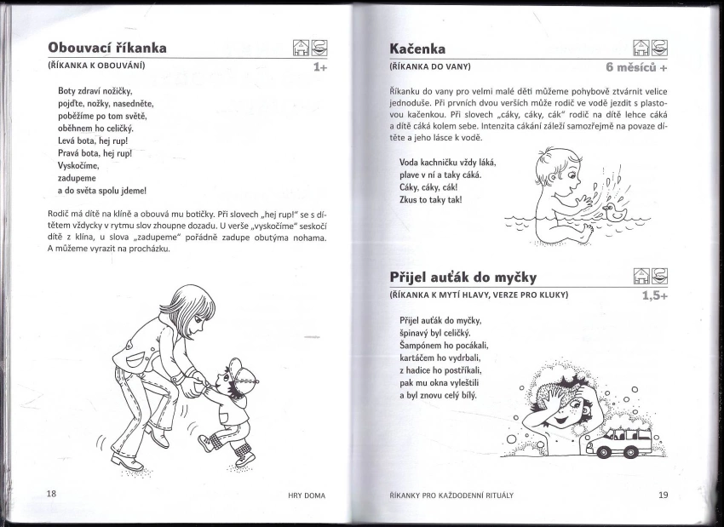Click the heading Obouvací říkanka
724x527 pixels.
coord(107,48)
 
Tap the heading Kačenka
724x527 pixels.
coord(417,49)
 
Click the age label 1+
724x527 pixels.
coord(320,66)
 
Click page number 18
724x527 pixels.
coord(51,494)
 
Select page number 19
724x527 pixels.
coord(663,495)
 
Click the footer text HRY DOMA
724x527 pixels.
coord(307,495)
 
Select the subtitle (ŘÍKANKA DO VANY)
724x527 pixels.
coord(430,66)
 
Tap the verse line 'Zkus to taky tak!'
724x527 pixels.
coord(430,200)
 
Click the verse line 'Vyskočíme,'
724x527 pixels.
coord(79,167)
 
